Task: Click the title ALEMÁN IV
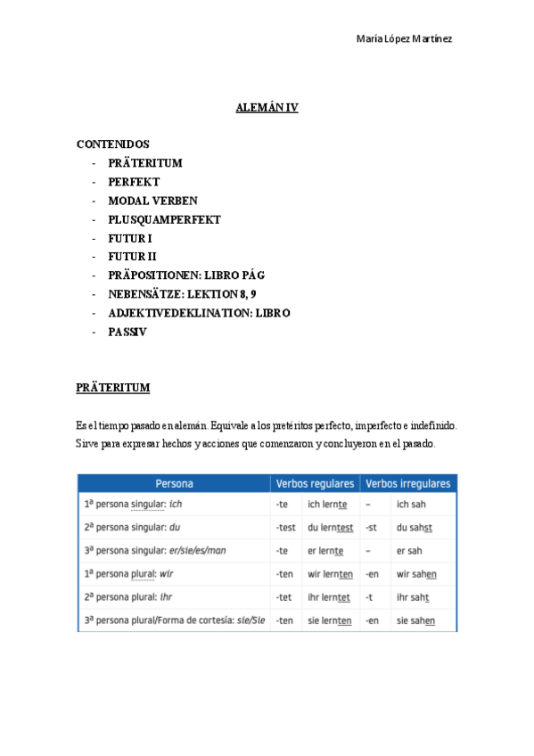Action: tap(267, 108)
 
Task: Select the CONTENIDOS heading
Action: tap(113, 144)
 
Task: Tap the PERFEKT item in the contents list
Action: tap(134, 182)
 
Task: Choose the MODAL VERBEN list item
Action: tap(152, 201)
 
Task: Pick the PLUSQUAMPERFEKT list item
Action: tap(164, 219)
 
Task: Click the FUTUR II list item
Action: tap(132, 257)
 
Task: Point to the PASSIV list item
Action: tap(127, 332)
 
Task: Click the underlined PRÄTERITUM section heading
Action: tap(113, 388)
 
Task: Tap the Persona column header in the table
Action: tap(174, 484)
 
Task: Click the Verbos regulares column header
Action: tap(315, 484)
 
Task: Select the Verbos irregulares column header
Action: tap(407, 484)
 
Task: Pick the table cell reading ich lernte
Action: tap(327, 505)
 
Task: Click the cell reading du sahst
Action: tap(415, 527)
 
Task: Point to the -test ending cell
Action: tap(285, 527)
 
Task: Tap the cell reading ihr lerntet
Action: tap(329, 597)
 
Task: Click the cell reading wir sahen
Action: tap(416, 574)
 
